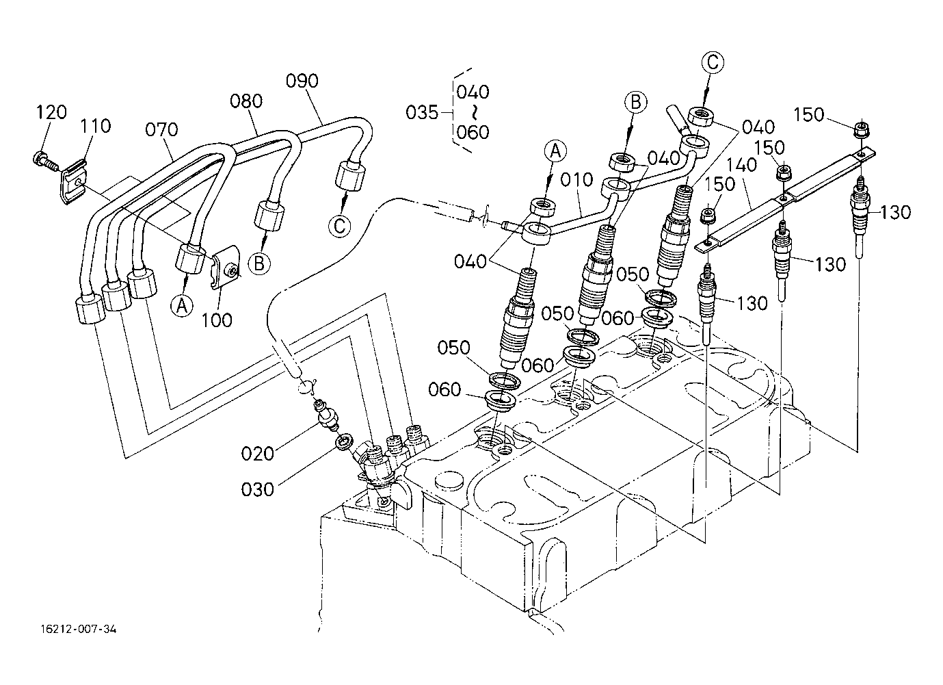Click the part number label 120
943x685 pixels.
point(51,112)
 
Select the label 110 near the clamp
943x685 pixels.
point(96,126)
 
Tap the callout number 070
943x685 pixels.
point(161,129)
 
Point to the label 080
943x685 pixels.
point(246,101)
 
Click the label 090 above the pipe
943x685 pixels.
point(302,81)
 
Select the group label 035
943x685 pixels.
point(422,112)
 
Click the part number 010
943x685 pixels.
point(576,180)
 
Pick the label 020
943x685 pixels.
point(257,454)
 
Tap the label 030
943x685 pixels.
point(257,489)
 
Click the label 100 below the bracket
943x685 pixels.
point(217,320)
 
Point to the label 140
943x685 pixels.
point(741,166)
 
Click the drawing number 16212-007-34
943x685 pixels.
point(79,630)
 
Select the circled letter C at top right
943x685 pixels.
point(713,63)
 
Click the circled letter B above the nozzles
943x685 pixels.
point(636,103)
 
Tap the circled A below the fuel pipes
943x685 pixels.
point(182,306)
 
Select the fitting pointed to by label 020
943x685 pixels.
point(326,417)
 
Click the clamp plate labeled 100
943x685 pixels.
point(225,267)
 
